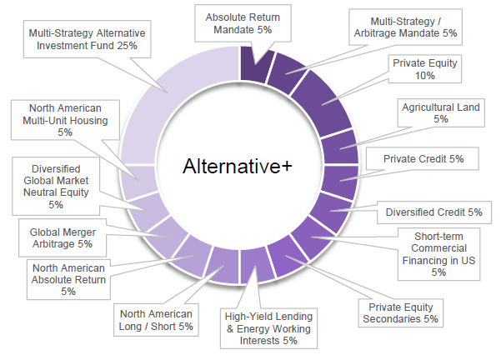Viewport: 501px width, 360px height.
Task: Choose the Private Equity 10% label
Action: point(425,69)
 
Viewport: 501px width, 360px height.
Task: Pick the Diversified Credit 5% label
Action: point(433,212)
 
